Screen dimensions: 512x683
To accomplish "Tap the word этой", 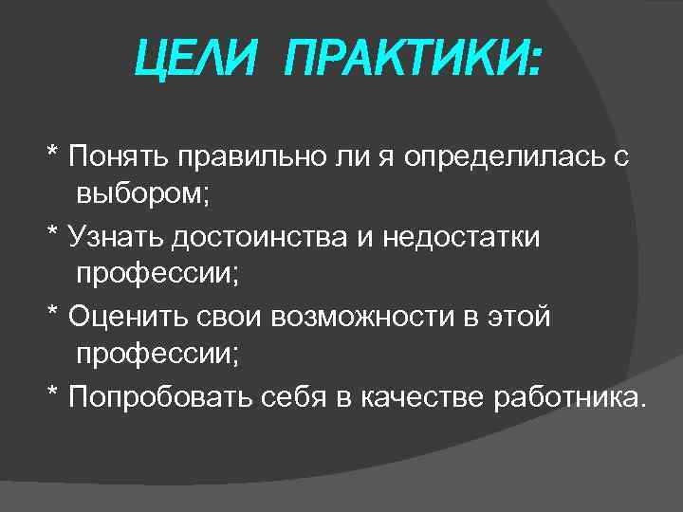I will click(521, 316).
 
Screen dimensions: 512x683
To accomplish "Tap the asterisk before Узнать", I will click(53, 232).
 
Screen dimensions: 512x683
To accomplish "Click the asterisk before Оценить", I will click(53, 313).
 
